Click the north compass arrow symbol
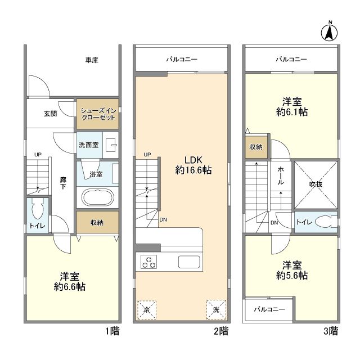(x=329, y=33)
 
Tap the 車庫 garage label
(x=92, y=60)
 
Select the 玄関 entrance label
(x=50, y=114)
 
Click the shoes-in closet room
(x=97, y=114)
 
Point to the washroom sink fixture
(x=111, y=145)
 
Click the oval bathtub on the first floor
(x=98, y=197)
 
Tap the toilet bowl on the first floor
(x=38, y=209)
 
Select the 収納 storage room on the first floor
(x=97, y=222)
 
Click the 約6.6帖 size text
(x=70, y=287)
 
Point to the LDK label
(x=193, y=160)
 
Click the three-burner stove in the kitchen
(x=148, y=262)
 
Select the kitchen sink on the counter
(x=189, y=262)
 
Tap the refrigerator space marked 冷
(x=147, y=310)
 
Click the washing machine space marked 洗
(x=216, y=310)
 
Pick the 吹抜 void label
(x=316, y=184)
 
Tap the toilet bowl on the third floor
(x=324, y=222)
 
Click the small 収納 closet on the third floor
(x=256, y=147)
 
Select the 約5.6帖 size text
(x=292, y=275)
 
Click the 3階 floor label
(x=331, y=331)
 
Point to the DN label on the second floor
(x=163, y=220)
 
